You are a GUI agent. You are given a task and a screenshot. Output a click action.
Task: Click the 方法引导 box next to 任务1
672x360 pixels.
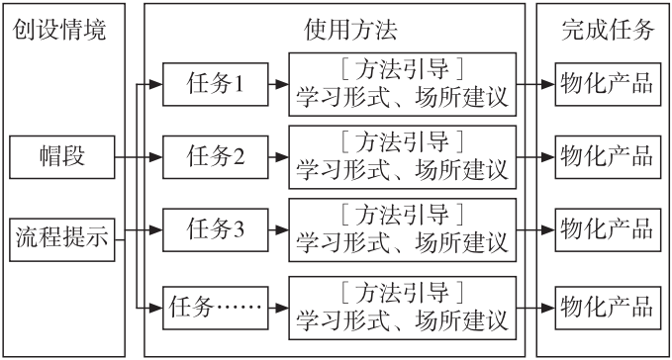(402, 85)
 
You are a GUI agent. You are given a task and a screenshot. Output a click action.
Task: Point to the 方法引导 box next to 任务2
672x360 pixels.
(402, 156)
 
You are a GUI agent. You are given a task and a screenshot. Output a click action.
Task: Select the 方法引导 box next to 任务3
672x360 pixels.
(402, 229)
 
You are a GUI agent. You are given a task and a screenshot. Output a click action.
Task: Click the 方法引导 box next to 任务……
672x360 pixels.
(402, 304)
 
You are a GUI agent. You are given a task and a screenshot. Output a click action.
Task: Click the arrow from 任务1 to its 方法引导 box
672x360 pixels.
(277, 85)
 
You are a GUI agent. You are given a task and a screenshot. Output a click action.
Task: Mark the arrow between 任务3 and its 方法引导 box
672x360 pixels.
(277, 229)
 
